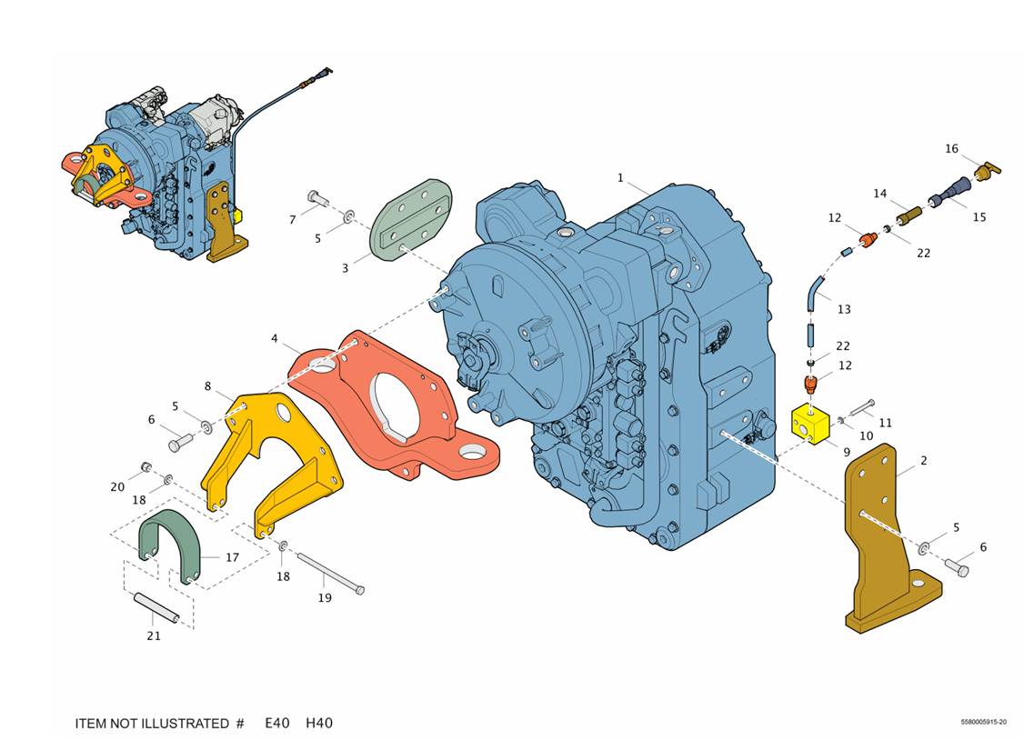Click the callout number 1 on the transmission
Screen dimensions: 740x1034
pyautogui.click(x=621, y=177)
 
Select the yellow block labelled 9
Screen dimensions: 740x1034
pyautogui.click(x=810, y=425)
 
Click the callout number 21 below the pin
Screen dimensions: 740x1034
pyautogui.click(x=154, y=635)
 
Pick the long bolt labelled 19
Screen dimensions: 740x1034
pyautogui.click(x=328, y=575)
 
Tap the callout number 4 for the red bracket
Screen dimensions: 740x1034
pyautogui.click(x=274, y=338)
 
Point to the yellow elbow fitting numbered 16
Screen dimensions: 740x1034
pyautogui.click(x=986, y=169)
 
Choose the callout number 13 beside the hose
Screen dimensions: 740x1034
pyautogui.click(x=844, y=309)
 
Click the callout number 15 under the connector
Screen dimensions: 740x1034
pyautogui.click(x=979, y=217)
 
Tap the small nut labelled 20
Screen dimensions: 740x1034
pyautogui.click(x=145, y=468)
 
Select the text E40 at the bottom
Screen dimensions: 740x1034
pyautogui.click(x=277, y=724)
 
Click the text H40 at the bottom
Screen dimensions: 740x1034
pyautogui.click(x=319, y=724)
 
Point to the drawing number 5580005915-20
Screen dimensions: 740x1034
pyautogui.click(x=983, y=723)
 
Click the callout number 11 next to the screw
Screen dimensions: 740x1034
pyautogui.click(x=885, y=423)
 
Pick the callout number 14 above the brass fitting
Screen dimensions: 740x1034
pyautogui.click(x=879, y=194)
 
